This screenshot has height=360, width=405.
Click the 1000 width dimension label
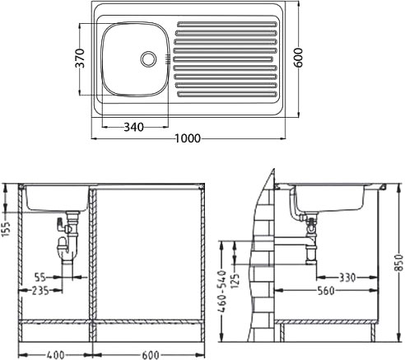click(x=188, y=138)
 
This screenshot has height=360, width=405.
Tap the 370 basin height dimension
click(x=80, y=58)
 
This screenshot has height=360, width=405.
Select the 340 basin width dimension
click(x=133, y=127)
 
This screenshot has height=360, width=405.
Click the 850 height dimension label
click(x=399, y=263)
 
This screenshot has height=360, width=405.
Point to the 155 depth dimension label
click(x=6, y=228)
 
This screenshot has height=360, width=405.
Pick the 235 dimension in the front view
click(x=40, y=291)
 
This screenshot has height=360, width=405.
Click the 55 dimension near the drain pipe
click(x=40, y=277)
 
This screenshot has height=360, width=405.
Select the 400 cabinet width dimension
click(x=55, y=355)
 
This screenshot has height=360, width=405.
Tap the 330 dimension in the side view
click(x=347, y=278)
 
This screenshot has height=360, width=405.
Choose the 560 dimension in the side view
click(x=326, y=291)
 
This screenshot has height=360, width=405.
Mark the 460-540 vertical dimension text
click(x=222, y=292)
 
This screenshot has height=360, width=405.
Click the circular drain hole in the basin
click(x=148, y=58)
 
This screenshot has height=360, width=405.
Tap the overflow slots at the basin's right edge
click(x=167, y=59)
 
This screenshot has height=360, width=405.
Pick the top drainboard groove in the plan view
click(x=227, y=25)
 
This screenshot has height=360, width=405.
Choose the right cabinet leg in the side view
click(x=374, y=333)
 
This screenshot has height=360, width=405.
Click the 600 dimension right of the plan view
click(x=298, y=58)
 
